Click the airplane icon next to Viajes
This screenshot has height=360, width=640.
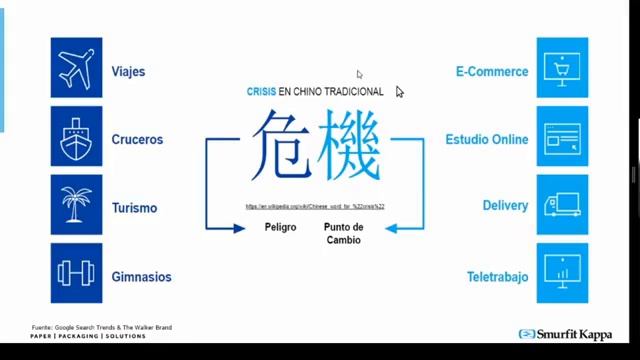click(77, 67)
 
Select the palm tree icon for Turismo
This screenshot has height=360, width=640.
click(77, 204)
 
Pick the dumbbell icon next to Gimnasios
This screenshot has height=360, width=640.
click(77, 272)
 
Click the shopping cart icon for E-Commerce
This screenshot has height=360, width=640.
click(562, 67)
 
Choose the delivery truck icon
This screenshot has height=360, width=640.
click(562, 204)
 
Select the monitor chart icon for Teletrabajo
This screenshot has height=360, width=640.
click(562, 272)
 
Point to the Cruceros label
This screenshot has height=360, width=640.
click(139, 140)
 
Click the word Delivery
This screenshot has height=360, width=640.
click(505, 205)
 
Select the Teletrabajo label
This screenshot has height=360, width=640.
click(497, 277)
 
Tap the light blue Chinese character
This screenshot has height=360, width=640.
click(348, 144)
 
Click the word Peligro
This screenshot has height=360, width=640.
click(280, 227)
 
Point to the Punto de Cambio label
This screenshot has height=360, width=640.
click(343, 233)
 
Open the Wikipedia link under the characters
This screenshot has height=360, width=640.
click(315, 206)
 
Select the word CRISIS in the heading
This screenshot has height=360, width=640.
click(261, 91)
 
